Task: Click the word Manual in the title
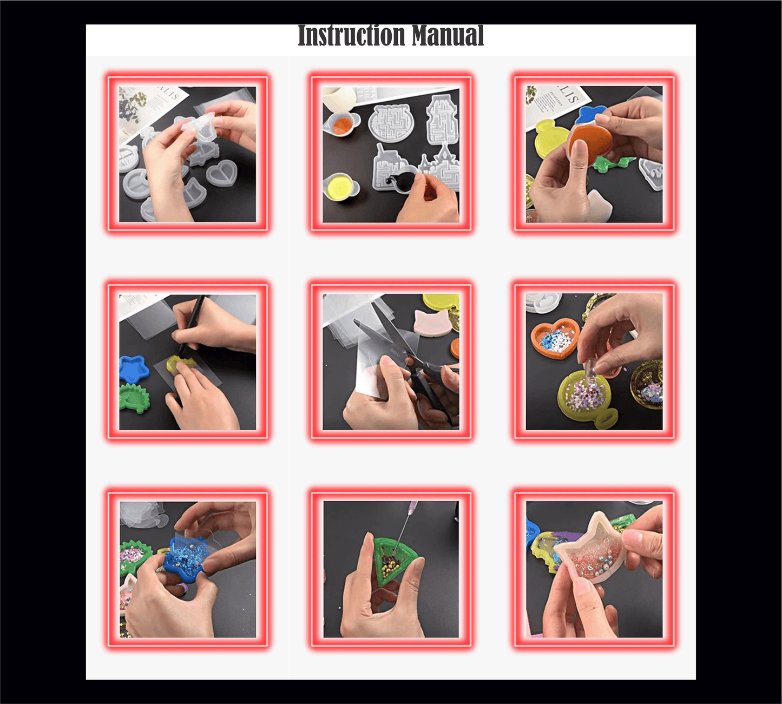(448, 36)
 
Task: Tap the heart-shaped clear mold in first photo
(221, 174)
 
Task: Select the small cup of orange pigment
(341, 124)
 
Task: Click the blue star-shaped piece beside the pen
(134, 369)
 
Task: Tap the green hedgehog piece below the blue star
(134, 398)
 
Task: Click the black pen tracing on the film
(192, 325)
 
